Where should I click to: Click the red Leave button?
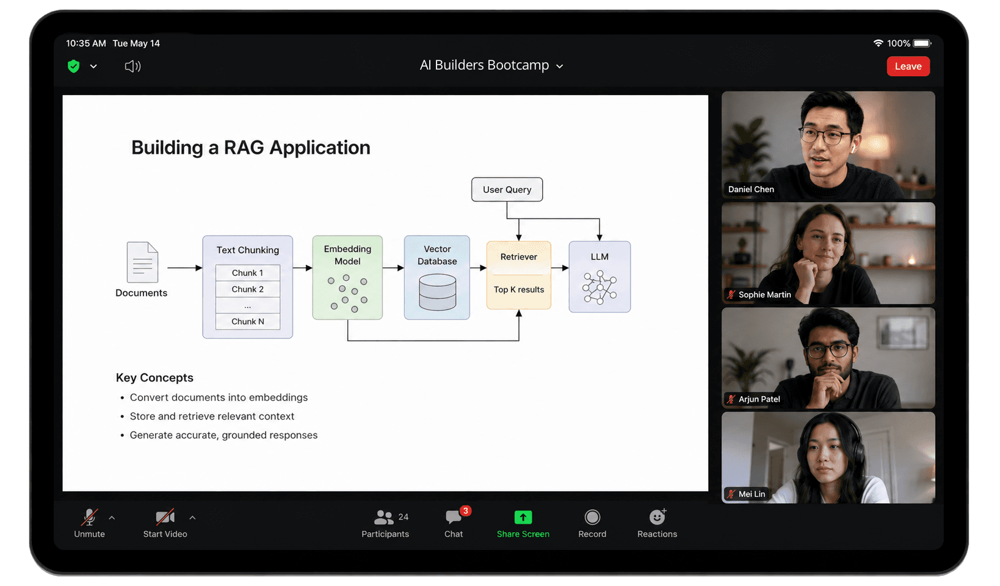[x=908, y=66]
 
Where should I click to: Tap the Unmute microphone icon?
[x=89, y=517]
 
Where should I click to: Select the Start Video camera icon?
[x=165, y=517]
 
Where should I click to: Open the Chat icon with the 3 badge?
[x=454, y=517]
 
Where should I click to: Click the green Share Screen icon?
[x=523, y=517]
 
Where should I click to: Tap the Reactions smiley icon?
[x=657, y=516]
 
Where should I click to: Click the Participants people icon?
[x=383, y=517]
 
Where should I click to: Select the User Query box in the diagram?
[x=507, y=189]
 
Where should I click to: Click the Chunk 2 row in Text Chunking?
[x=248, y=289]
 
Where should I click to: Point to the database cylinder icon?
[x=438, y=292]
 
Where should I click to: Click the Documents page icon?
[x=142, y=262]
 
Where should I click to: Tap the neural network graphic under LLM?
[x=600, y=288]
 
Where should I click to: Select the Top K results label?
[x=519, y=290]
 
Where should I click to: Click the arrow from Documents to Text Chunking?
[x=185, y=268]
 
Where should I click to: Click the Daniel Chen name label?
[x=751, y=189]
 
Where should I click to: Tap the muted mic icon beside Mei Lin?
[x=731, y=494]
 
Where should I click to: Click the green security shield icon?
[x=74, y=66]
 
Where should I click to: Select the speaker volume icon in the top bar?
[x=132, y=67]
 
